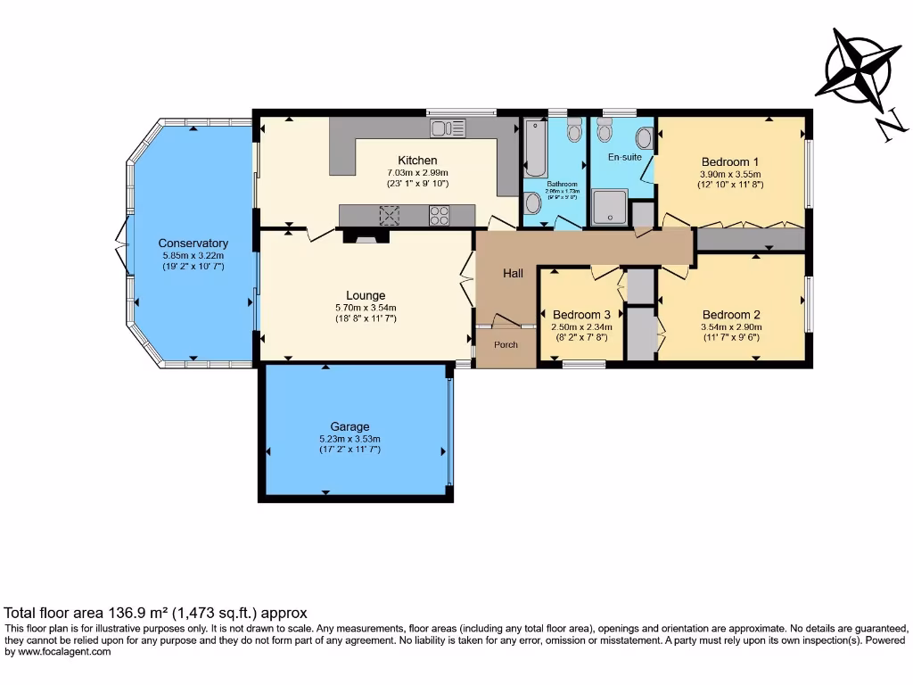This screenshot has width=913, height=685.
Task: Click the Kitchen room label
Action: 417,161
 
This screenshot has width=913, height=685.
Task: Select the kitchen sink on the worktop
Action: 448,128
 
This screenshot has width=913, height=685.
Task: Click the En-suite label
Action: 625,156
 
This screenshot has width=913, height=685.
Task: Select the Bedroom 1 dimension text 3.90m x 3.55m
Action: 730,174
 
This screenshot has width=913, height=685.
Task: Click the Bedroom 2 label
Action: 731,315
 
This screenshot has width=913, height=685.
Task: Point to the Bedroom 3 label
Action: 581,315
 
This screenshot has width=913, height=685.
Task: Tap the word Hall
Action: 513,274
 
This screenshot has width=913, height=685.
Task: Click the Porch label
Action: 506,345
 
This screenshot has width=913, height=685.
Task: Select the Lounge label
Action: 366,295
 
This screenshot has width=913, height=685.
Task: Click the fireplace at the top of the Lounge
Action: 366,235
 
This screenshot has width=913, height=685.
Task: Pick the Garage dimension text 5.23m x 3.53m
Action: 350,439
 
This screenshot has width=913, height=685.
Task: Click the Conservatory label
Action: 193,243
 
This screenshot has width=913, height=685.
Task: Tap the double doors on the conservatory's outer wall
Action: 120,244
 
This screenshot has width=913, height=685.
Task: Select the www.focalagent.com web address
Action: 61,652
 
